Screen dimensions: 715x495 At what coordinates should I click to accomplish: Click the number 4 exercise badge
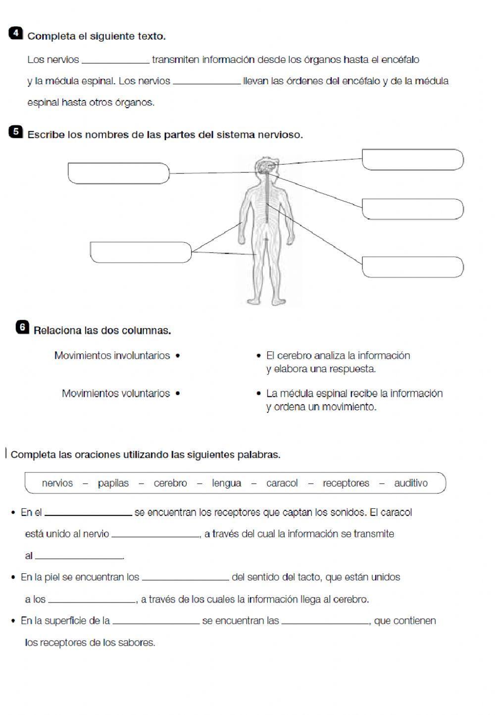pos(16,33)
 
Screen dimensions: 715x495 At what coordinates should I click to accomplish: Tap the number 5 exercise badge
pos(16,132)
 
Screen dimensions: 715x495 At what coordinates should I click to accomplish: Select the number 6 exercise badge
pos(22,327)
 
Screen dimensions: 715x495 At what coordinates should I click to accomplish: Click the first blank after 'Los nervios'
pos(115,60)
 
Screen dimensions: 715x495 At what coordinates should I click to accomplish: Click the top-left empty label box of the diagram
pos(119,173)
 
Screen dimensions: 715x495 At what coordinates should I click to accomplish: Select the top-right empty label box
pos(412,160)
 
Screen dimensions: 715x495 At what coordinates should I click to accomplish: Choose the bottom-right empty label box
pos(412,267)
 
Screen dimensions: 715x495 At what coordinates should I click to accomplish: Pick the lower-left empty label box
pos(141,252)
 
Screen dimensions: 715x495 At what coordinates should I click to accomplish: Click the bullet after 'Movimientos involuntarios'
pos(178,356)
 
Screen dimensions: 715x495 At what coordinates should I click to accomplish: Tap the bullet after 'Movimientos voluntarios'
pos(178,394)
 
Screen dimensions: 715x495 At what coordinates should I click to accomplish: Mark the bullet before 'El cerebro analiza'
pos(258,356)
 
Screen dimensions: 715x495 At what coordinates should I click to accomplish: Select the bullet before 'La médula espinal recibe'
pos(258,394)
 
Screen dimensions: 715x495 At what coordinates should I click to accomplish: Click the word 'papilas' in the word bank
pos(113,483)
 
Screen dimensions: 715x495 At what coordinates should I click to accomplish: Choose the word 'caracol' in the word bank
pos(282,483)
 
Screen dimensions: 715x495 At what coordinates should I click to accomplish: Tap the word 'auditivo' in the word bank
pos(411,483)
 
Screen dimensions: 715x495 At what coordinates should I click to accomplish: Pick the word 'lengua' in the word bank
pos(227,483)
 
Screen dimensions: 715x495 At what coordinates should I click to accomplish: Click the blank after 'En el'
pos(88,512)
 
